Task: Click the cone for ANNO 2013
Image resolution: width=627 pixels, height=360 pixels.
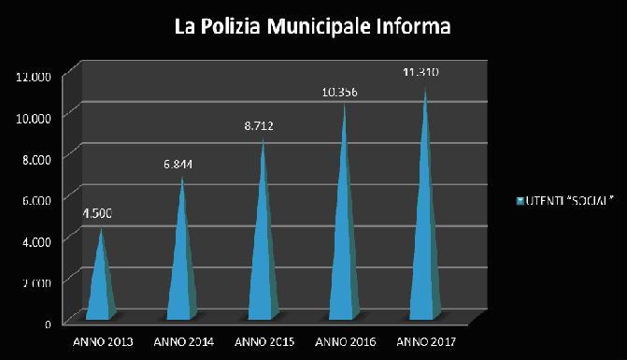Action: tap(101, 281)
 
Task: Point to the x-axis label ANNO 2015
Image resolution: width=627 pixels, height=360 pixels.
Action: tap(263, 340)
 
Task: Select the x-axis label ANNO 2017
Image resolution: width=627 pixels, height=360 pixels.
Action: tap(427, 340)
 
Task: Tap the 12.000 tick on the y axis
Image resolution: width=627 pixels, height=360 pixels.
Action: tap(34, 76)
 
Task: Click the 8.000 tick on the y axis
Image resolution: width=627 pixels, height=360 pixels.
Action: tap(36, 158)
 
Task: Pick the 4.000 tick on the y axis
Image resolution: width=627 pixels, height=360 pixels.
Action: tap(36, 240)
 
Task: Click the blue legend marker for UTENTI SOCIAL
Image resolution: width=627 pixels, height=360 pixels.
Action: tap(520, 201)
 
